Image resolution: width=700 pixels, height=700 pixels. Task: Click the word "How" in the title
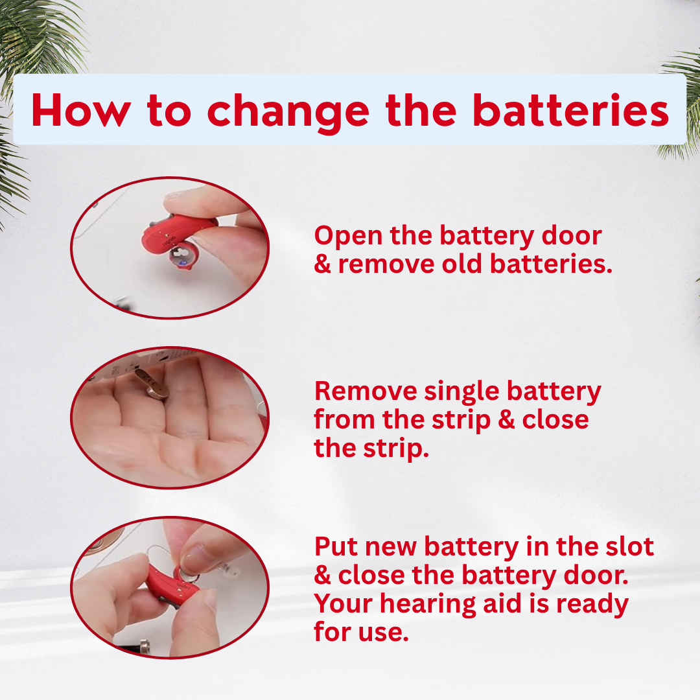coord(81,110)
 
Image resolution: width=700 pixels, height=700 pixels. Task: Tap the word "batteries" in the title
coord(571,110)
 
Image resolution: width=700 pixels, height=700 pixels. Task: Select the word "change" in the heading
coord(288,113)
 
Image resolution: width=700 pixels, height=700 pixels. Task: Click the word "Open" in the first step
coord(348,237)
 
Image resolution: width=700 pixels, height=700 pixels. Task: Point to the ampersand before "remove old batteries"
coord(322,264)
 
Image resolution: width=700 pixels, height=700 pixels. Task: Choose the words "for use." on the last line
coord(361,632)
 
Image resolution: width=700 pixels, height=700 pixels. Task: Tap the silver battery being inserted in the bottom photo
coord(187,575)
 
